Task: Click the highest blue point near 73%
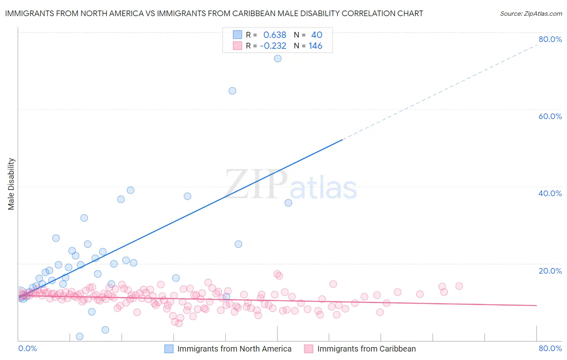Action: coord(277,59)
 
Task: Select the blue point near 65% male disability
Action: coord(232,91)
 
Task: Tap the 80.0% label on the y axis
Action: coord(550,39)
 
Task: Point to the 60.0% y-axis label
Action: coord(550,116)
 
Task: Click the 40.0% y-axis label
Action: coord(550,193)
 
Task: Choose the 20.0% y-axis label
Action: coord(550,271)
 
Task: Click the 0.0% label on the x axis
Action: coord(28,348)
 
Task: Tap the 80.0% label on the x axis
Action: coord(550,348)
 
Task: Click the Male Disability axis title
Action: coord(11,184)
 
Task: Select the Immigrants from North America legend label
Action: coord(234,349)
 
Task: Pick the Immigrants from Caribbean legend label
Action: coord(366,349)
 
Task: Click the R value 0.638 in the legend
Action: coord(275,35)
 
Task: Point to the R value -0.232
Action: coord(273,46)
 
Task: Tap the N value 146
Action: coord(315,46)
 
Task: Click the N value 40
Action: coord(317,35)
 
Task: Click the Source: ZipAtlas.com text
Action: coord(531,14)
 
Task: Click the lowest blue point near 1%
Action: coord(79,337)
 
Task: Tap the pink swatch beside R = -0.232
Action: coord(238,46)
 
